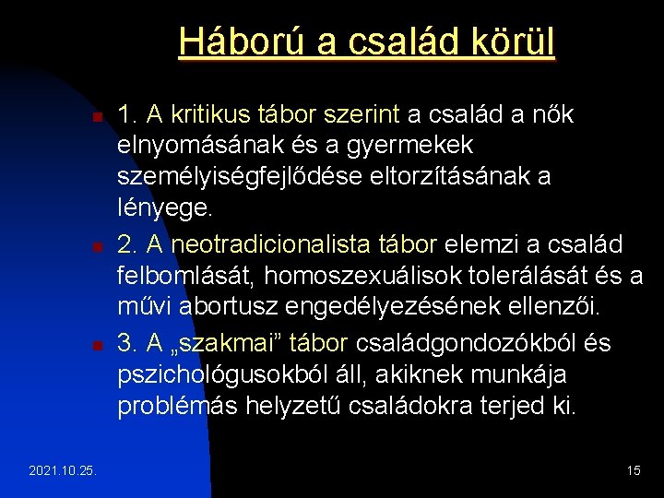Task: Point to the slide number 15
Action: (x=634, y=471)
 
